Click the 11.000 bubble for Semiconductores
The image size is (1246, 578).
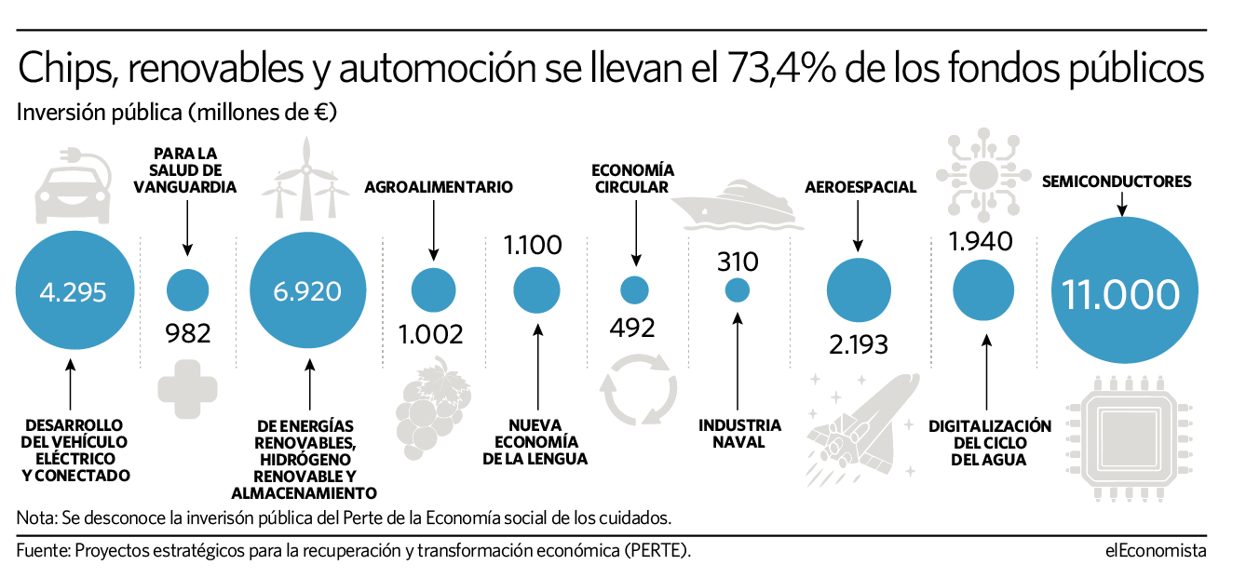[x=1120, y=294]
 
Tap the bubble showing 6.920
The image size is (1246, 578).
[x=307, y=292]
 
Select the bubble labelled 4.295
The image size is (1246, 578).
[x=73, y=292]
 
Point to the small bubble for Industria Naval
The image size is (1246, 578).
[x=738, y=290]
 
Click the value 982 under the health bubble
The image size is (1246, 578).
[x=187, y=332]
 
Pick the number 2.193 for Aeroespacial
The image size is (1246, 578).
[x=859, y=343]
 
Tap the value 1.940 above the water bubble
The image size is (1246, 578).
[x=980, y=242]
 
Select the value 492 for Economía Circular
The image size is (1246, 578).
[x=633, y=328]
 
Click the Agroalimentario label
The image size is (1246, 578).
[x=438, y=187]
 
